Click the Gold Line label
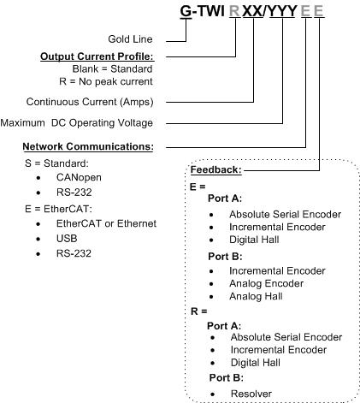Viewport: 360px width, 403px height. (x=130, y=39)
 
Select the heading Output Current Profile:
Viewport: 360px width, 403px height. (x=97, y=56)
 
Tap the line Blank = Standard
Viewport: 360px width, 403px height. (x=112, y=68)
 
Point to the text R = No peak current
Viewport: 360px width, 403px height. (x=106, y=81)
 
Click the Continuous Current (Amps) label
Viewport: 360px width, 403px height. (x=90, y=102)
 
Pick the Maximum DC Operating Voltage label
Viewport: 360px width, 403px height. (x=77, y=123)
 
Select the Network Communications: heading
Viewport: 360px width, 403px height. (x=88, y=146)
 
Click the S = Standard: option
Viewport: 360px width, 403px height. (x=56, y=163)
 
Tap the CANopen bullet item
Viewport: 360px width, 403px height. (x=79, y=177)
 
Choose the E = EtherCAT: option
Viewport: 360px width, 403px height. (x=58, y=209)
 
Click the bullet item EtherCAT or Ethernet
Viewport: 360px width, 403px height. (x=106, y=223)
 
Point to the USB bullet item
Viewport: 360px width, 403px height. (x=67, y=239)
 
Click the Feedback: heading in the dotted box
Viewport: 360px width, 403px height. (x=216, y=169)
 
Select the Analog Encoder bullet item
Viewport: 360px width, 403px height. (x=267, y=283)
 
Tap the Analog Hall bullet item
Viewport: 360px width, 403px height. (x=256, y=296)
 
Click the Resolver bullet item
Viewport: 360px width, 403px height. (x=251, y=394)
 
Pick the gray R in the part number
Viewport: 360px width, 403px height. (x=235, y=11)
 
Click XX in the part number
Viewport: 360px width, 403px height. (x=253, y=11)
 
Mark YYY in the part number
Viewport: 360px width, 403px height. (x=282, y=11)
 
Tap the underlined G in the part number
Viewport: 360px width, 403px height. (x=186, y=11)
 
